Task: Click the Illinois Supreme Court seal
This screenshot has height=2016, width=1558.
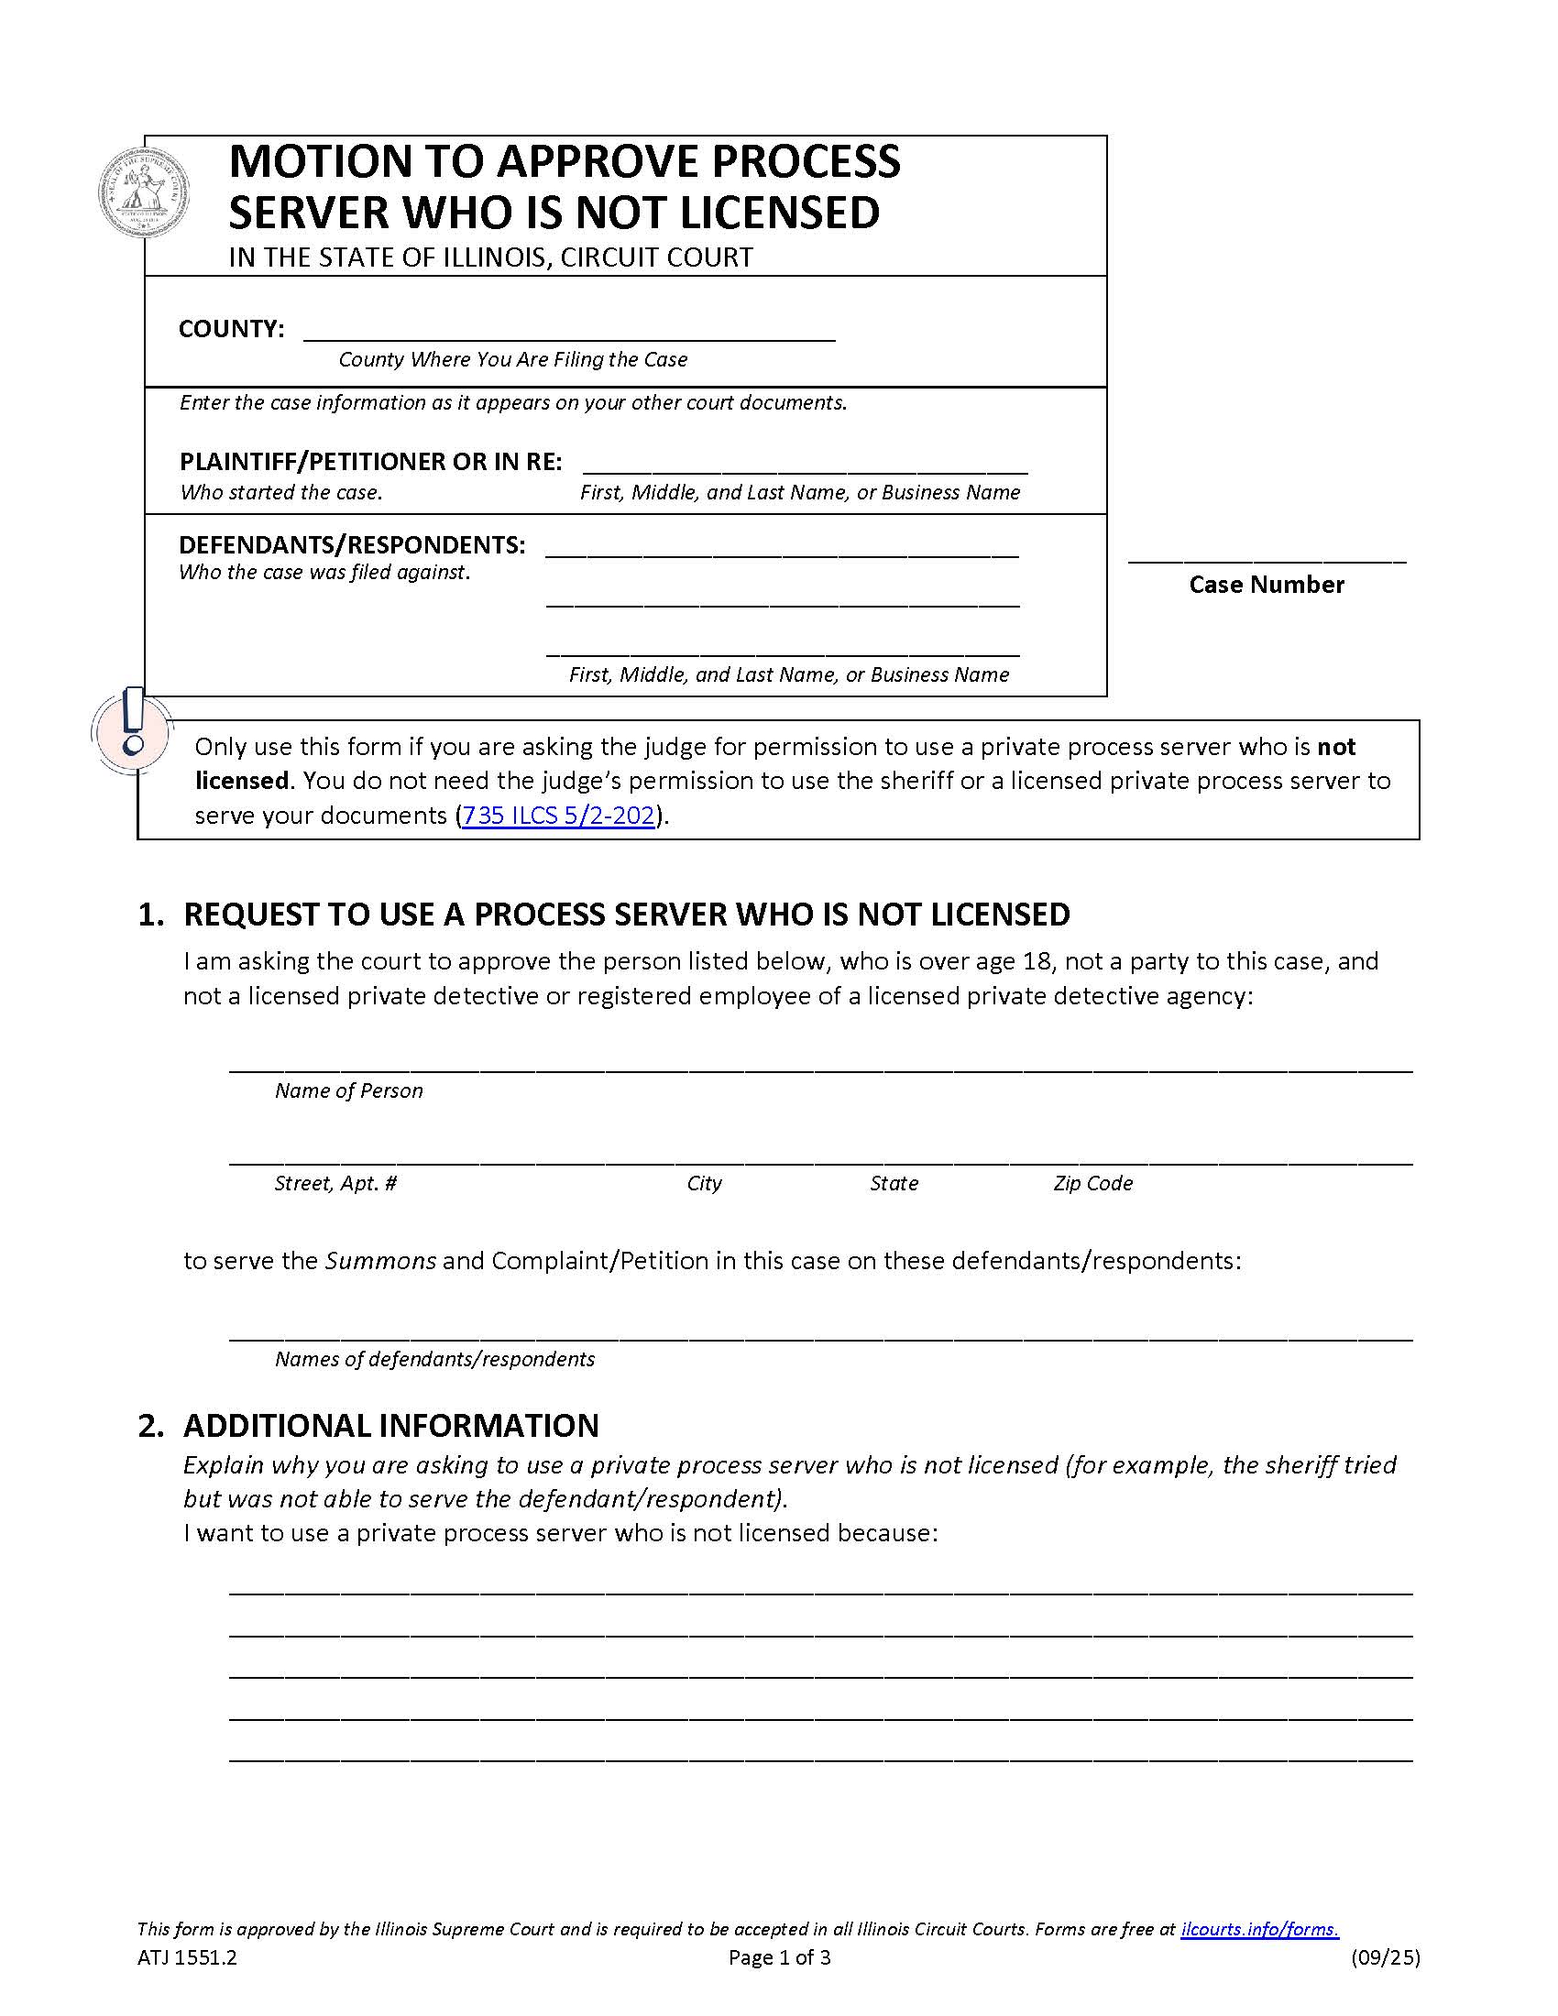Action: (x=143, y=192)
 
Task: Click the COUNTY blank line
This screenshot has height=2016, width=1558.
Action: (x=568, y=332)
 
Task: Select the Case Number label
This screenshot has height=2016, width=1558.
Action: (x=1266, y=585)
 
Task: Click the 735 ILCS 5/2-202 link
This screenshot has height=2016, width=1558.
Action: (x=557, y=816)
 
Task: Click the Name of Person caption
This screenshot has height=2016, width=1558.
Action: (x=349, y=1090)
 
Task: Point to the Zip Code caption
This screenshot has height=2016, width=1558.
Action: (x=1092, y=1183)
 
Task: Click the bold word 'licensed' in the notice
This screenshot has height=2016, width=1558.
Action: (x=242, y=781)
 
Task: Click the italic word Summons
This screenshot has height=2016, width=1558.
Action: (x=380, y=1261)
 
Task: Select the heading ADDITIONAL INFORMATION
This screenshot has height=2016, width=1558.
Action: (x=390, y=1425)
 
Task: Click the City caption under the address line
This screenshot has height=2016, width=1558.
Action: (x=704, y=1183)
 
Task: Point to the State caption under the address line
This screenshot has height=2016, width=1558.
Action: (x=894, y=1183)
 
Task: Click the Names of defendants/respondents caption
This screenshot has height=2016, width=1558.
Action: (x=434, y=1359)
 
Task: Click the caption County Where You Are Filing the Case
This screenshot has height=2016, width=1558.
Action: (x=512, y=359)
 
